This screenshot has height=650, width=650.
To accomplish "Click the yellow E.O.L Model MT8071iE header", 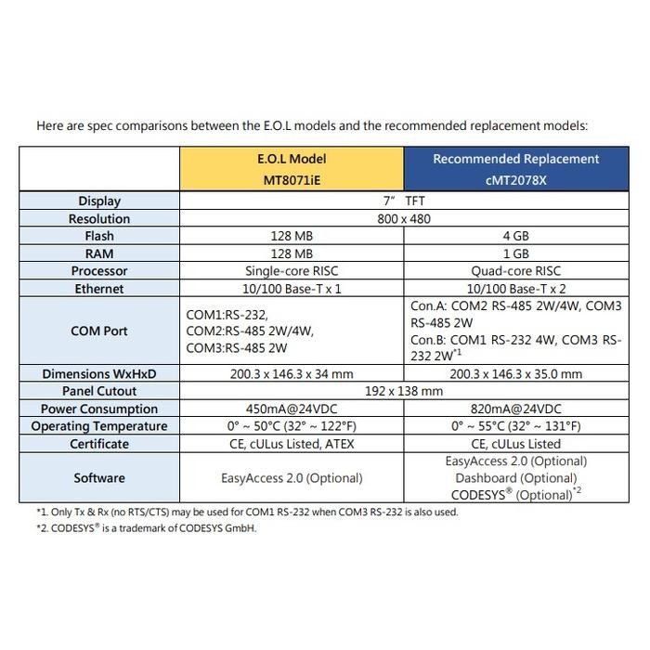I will pyautogui.click(x=292, y=168).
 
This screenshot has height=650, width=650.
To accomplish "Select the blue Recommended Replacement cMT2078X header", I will pyautogui.click(x=516, y=168).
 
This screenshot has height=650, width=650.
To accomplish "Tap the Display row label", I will pyautogui.click(x=99, y=201).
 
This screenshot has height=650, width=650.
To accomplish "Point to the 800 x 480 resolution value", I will pyautogui.click(x=404, y=219).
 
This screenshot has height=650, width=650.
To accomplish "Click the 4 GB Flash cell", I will pyautogui.click(x=515, y=236).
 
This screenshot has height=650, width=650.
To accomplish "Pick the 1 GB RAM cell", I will pyautogui.click(x=515, y=253).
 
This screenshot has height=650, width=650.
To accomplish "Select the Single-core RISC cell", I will pyautogui.click(x=292, y=271).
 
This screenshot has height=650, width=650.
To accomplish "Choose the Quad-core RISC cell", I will pyautogui.click(x=515, y=271).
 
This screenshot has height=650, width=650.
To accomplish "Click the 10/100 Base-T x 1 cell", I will pyautogui.click(x=292, y=289).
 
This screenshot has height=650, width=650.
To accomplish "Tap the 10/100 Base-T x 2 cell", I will pyautogui.click(x=515, y=289).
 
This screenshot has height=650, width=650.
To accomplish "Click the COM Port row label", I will pyautogui.click(x=99, y=331).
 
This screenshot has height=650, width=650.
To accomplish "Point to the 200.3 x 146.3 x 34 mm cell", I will pyautogui.click(x=292, y=374).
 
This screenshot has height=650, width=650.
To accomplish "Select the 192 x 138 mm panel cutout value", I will pyautogui.click(x=404, y=391).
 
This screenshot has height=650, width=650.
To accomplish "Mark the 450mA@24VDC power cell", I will pyautogui.click(x=292, y=409).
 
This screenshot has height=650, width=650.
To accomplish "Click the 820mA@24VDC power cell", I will pyautogui.click(x=515, y=409).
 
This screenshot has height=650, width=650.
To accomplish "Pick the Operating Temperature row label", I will pyautogui.click(x=99, y=426).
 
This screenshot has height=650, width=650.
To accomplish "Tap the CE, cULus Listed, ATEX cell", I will pyautogui.click(x=292, y=444).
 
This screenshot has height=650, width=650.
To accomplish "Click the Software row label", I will pyautogui.click(x=99, y=478).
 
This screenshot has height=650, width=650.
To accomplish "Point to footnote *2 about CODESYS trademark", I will pyautogui.click(x=146, y=528).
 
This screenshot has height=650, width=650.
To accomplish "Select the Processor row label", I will pyautogui.click(x=99, y=271).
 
